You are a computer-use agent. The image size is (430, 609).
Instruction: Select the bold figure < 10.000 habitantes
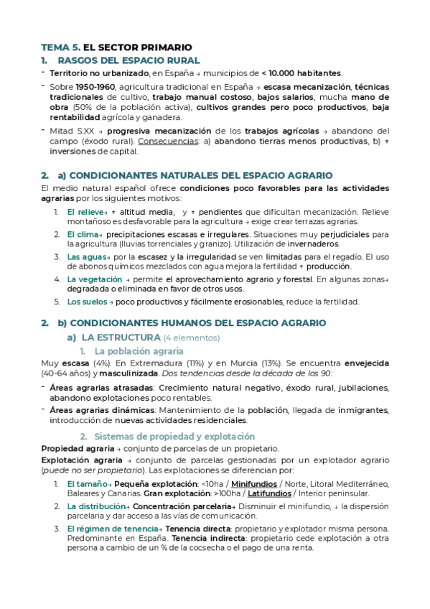click(x=302, y=73)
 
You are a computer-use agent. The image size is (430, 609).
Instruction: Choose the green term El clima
click(x=81, y=235)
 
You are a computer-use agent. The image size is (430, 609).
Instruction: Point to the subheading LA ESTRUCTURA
click(x=121, y=338)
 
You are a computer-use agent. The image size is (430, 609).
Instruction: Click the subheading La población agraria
click(x=139, y=351)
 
